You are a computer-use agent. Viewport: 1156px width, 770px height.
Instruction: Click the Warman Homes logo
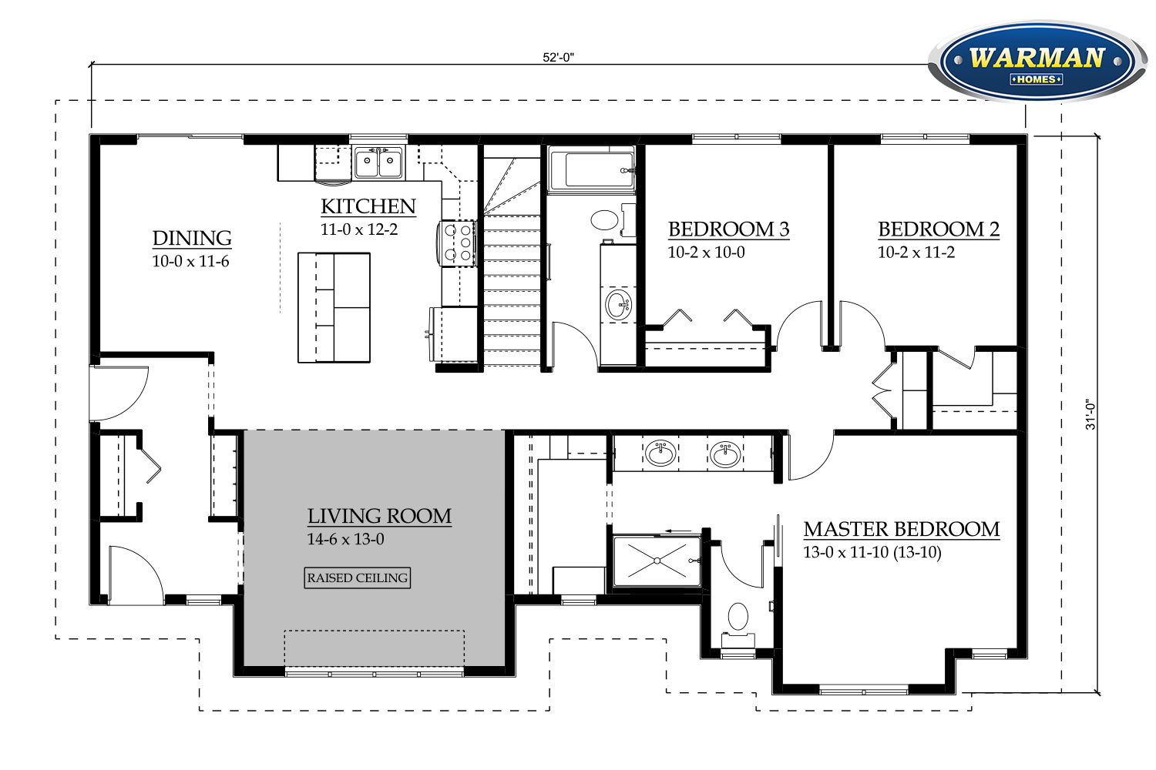1038,62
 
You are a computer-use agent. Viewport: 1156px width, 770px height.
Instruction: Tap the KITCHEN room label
368,206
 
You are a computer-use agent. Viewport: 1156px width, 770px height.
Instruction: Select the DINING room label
192,238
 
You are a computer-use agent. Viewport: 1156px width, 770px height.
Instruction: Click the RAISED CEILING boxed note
357,577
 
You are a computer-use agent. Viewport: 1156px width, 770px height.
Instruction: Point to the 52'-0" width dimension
559,57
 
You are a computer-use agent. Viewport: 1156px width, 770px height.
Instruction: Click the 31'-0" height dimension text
1090,414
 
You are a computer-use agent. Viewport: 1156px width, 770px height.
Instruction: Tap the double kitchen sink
378,162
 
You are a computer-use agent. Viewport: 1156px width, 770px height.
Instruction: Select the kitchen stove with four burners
457,243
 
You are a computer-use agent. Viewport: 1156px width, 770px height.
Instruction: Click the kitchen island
334,307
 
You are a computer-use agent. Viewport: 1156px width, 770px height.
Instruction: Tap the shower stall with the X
657,561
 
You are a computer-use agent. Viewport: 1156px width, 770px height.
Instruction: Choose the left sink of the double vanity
660,454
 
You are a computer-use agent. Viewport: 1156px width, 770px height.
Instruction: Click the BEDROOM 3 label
729,229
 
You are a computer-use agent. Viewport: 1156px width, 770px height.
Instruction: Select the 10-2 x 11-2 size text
916,253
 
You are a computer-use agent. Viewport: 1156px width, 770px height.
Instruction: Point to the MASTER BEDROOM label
902,529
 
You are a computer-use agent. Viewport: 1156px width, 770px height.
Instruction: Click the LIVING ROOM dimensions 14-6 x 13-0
345,539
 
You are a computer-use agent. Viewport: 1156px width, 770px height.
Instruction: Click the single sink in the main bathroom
618,305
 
